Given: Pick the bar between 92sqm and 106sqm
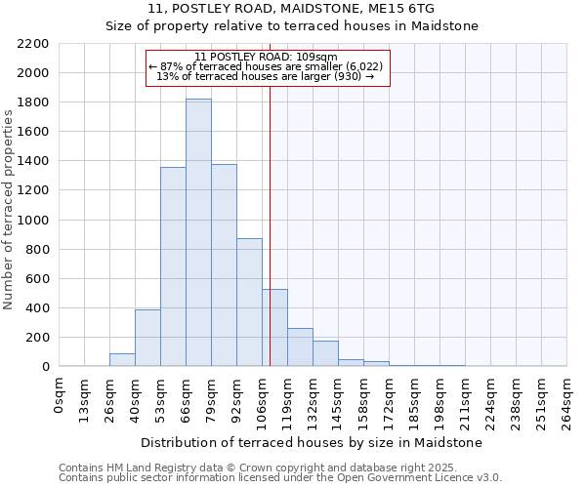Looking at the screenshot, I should point(249,303).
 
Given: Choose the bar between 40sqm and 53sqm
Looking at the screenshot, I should point(147,338).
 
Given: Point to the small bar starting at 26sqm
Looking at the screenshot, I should point(122,360).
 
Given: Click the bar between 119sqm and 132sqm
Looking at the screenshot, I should point(300,347).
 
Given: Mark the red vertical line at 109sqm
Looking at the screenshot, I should point(270,224).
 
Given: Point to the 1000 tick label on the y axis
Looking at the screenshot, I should point(33,221).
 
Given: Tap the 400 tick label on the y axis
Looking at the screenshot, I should point(37,308).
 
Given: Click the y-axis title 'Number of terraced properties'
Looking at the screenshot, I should point(9,210).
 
